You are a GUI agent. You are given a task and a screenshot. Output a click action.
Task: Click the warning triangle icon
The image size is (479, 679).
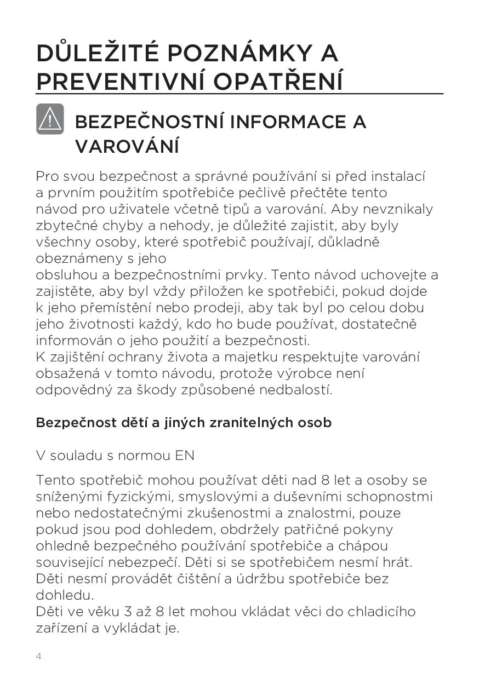coord(50,119)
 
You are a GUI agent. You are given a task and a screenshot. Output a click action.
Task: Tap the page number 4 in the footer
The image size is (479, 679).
coord(38,656)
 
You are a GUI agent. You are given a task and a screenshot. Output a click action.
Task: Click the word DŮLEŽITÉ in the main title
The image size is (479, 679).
coord(98,53)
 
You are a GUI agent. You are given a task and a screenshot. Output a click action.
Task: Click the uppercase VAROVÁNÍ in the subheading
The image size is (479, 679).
coord(127,146)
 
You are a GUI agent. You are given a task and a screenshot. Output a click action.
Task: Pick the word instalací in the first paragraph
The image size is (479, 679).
coord(398,176)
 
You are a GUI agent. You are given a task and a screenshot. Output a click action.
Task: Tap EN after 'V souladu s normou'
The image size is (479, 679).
coord(185,456)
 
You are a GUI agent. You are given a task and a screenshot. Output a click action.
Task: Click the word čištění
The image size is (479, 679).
coord(190,579)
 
